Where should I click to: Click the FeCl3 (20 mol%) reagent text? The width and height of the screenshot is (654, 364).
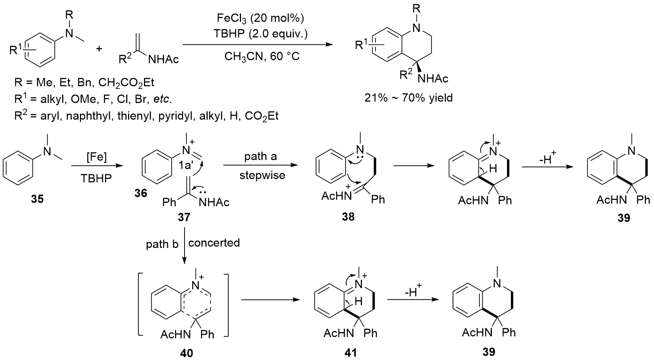tap(260, 18)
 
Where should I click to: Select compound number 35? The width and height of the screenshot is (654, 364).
tap(38, 199)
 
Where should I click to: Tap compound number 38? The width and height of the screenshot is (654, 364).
tap(348, 216)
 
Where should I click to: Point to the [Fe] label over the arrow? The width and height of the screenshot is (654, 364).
tap(96, 157)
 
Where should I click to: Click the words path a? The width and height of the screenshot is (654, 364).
tap(261, 156)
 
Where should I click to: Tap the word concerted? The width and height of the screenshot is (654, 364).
tap(214, 243)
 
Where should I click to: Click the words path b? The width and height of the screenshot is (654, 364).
tap(162, 244)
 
